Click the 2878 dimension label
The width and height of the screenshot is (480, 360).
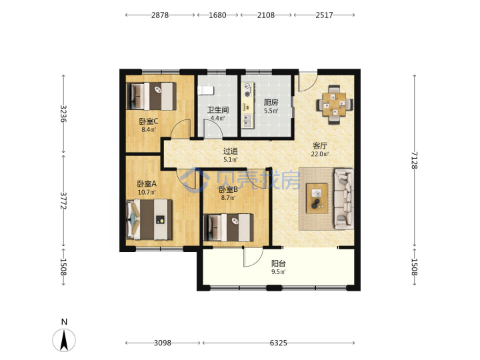coord(160,15)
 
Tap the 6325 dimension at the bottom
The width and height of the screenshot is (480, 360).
coord(278,343)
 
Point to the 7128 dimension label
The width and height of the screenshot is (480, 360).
coord(414,160)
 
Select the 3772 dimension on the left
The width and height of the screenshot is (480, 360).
coord(63,201)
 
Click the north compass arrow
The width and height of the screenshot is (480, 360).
coord(64,340)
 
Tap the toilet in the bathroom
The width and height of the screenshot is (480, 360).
coord(205,90)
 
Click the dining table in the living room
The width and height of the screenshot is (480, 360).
coord(334,105)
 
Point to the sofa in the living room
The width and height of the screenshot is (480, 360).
coord(344,199)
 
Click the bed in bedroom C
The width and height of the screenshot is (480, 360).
coord(151,96)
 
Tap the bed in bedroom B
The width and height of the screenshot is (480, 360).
coord(229,227)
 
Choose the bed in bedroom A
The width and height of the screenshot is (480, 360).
coord(149,219)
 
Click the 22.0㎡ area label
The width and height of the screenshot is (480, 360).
coord(320,154)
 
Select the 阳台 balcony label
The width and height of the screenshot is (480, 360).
coord(278,263)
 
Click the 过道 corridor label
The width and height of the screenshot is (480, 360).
coord(230,151)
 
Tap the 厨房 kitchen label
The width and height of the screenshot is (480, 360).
coord(271,102)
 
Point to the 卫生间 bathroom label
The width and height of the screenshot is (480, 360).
coord(217,110)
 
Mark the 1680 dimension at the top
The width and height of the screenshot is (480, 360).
coord(217,15)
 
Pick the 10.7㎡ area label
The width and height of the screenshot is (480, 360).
coord(147,192)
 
